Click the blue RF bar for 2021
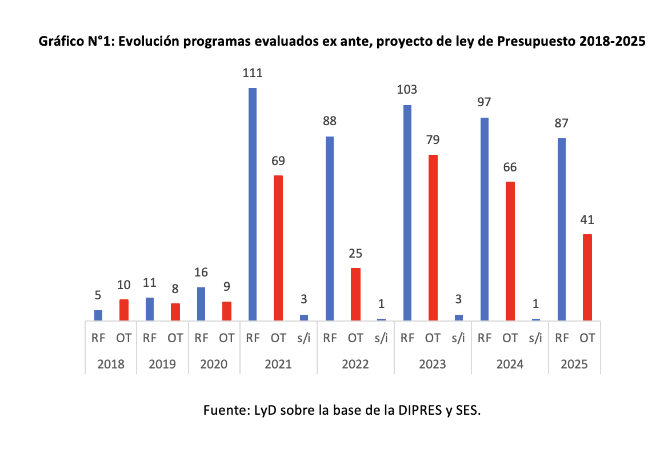click(x=253, y=204)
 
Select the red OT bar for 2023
click(x=433, y=238)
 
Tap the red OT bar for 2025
click(x=587, y=277)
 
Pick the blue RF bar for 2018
click(x=98, y=315)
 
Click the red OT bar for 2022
click(x=355, y=294)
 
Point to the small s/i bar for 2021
click(x=304, y=317)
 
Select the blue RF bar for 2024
click(x=485, y=219)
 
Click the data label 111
click(x=253, y=73)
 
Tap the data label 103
click(x=407, y=90)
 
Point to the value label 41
click(x=587, y=219)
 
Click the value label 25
click(x=355, y=253)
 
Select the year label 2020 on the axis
click(x=214, y=364)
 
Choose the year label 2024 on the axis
click(x=510, y=364)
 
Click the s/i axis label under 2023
click(x=458, y=338)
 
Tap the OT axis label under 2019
click(x=175, y=338)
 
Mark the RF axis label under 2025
click(x=562, y=338)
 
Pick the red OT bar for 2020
click(x=227, y=311)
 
